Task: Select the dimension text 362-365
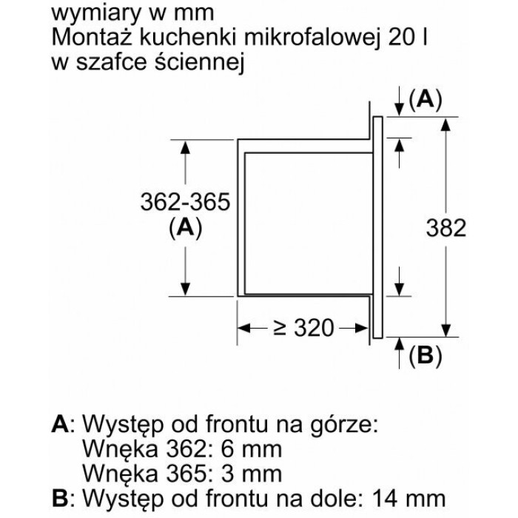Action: (184, 202)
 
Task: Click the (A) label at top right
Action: (425, 101)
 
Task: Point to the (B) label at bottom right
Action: (425, 357)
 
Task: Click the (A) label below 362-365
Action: (184, 229)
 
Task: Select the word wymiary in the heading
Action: (92, 13)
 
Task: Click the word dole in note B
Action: (340, 497)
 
